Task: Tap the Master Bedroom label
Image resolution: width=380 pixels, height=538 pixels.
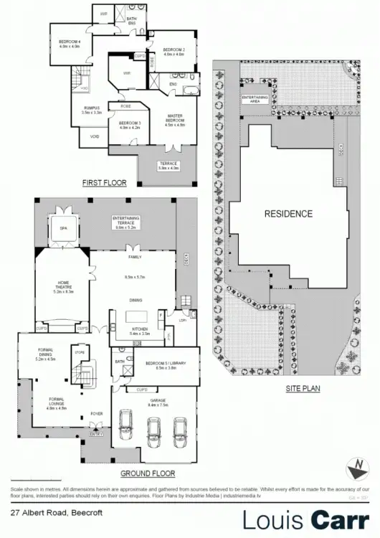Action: (176, 118)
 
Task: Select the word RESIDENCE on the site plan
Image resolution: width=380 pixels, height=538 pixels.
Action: (288, 214)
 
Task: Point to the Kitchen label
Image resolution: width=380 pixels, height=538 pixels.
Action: (139, 331)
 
